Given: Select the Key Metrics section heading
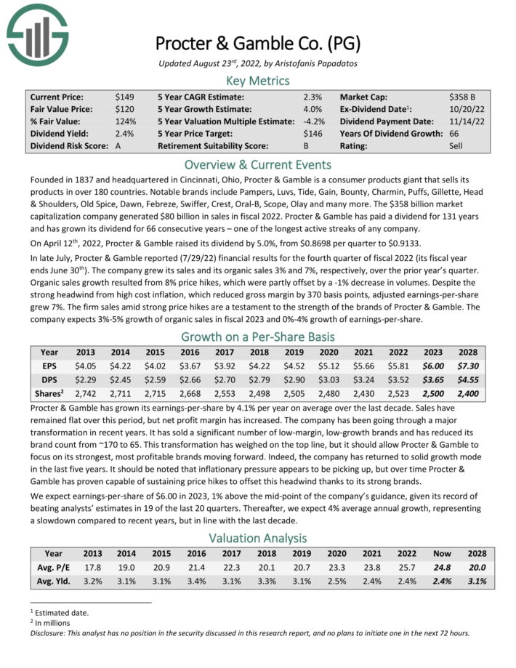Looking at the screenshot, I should (x=257, y=81).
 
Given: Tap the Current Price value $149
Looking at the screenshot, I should (x=124, y=97).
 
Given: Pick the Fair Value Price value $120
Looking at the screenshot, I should (x=124, y=109).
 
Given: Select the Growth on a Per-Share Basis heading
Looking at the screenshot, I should (x=257, y=337).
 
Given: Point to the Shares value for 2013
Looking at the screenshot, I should (x=86, y=393).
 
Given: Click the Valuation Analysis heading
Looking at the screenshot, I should (x=257, y=538).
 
